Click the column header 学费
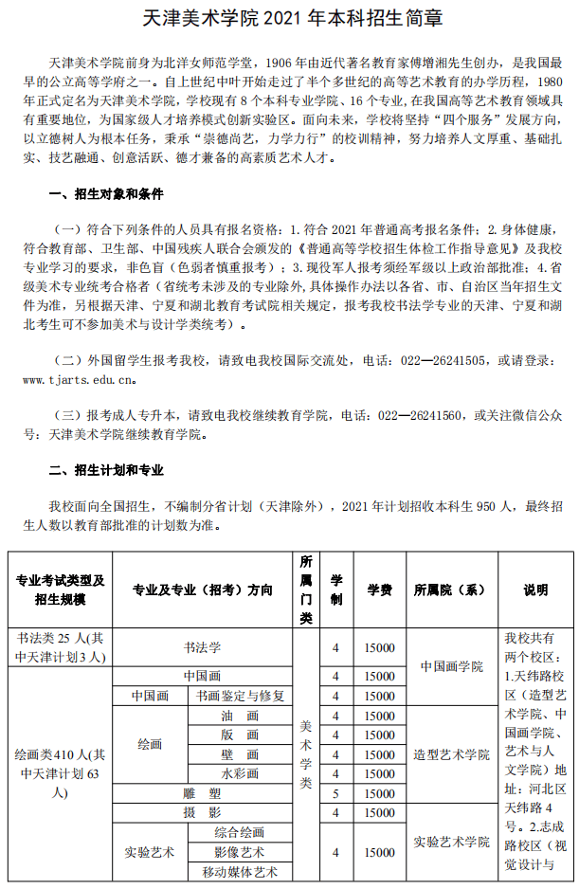pos(380,589)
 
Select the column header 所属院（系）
pos(452,589)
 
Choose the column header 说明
pos(535,589)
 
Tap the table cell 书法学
pos(201,647)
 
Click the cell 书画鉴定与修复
pos(240,696)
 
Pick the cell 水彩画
pos(240,773)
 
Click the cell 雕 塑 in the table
pos(201,793)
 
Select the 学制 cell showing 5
pos(335,793)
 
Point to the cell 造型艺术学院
pos(452,754)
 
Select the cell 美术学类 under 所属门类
pos(306,753)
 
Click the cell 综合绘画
pos(240,832)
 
